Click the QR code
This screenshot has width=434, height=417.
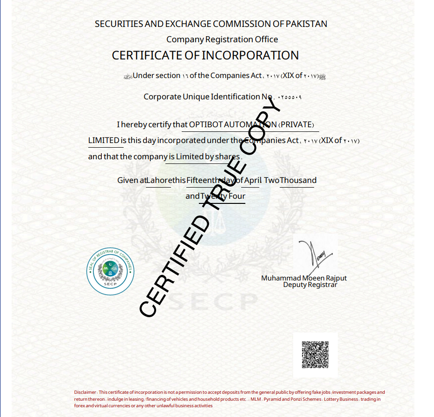315,354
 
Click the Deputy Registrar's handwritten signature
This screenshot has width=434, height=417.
314,255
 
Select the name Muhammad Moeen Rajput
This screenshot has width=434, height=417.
304,278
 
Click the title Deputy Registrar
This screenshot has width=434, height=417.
310,285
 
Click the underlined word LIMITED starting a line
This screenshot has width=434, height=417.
104,140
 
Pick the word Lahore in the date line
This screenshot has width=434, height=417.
159,180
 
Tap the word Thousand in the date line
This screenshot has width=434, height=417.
298,180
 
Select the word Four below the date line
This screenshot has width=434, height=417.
237,196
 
